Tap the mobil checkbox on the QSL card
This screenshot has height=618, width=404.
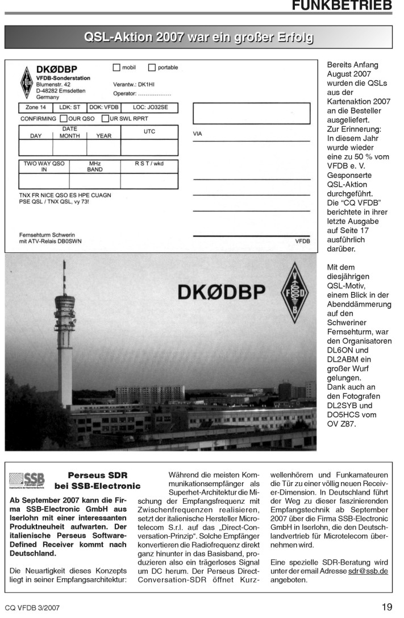click(x=116, y=68)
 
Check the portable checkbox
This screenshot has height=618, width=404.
click(x=152, y=68)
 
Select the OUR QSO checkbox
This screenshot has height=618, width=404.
click(x=64, y=119)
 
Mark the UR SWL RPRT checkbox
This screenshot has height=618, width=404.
click(x=105, y=119)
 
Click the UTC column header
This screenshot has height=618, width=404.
click(x=149, y=131)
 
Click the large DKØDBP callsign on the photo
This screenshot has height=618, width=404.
click(x=221, y=292)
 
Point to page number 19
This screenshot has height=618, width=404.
click(x=386, y=607)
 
